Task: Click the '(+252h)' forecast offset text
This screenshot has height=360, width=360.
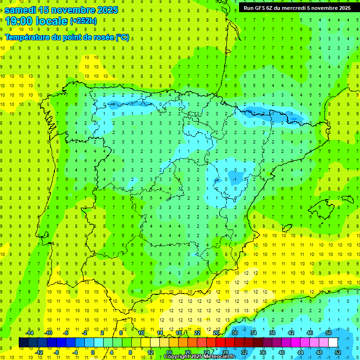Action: (83, 21)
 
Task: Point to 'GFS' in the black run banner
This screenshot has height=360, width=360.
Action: (262, 7)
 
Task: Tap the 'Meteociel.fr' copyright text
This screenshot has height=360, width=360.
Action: (219, 357)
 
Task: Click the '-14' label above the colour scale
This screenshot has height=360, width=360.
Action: (29, 333)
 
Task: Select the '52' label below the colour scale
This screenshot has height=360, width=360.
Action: (338, 352)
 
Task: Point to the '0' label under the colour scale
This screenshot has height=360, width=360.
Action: (93, 352)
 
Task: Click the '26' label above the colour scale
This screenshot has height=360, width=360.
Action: (216, 333)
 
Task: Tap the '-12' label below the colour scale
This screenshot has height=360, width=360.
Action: (39, 352)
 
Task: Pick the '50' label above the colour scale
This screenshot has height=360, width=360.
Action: (329, 333)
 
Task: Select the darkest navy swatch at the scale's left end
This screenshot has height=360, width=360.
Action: (23, 342)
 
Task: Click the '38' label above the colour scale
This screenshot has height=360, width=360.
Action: (272, 333)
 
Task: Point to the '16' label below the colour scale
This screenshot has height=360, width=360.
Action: (169, 352)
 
